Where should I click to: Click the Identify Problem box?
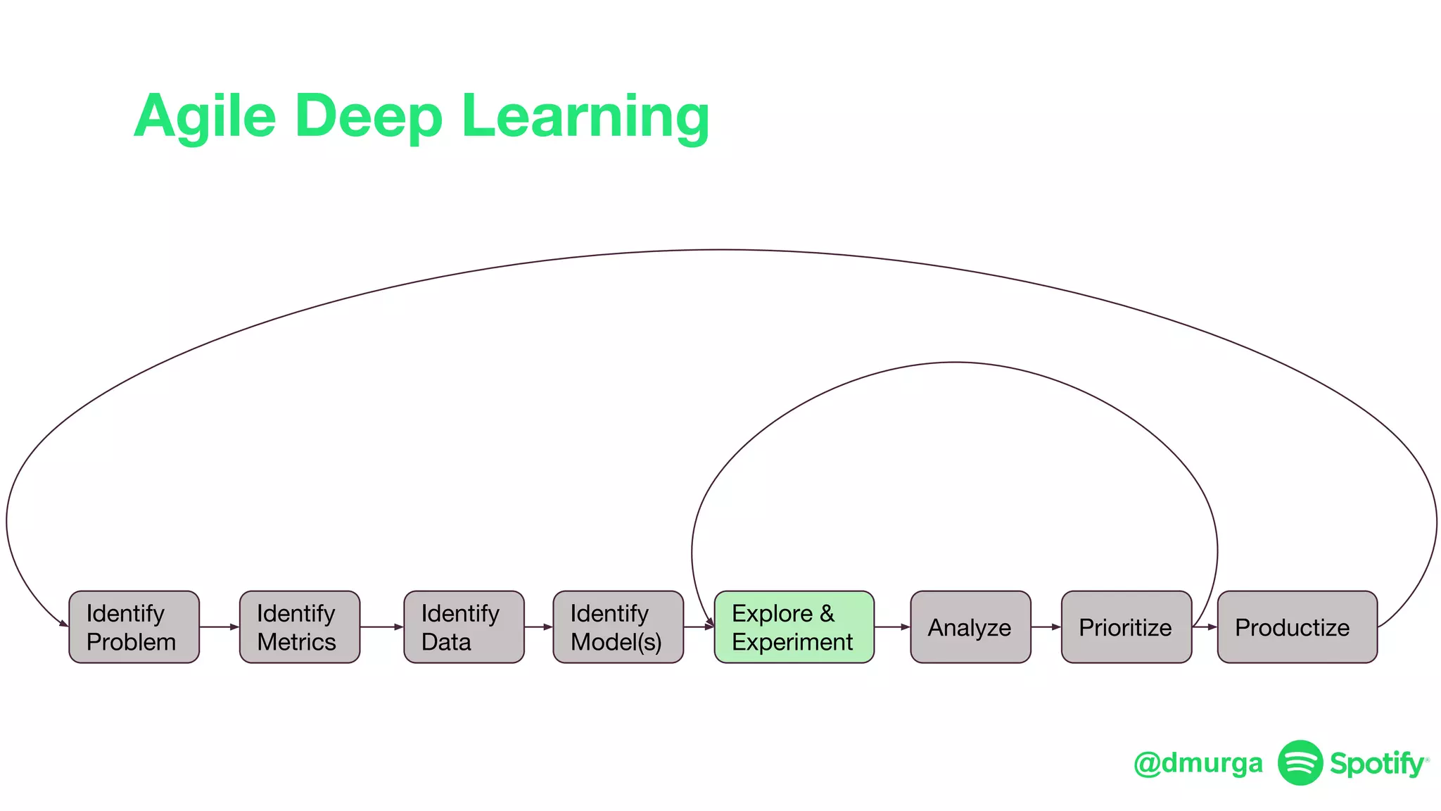(x=134, y=627)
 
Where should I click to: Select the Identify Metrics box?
(x=299, y=627)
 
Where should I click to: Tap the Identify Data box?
(x=464, y=627)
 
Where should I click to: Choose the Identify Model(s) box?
(x=618, y=627)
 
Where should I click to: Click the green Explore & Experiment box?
(x=794, y=627)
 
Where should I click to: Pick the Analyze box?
(x=970, y=627)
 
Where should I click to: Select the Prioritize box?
(x=1126, y=627)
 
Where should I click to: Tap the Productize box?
(x=1297, y=627)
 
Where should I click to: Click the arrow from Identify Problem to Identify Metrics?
(x=220, y=627)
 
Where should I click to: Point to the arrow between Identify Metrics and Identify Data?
(x=382, y=627)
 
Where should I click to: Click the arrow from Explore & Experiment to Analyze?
(x=892, y=627)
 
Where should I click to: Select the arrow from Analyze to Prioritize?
(x=1046, y=627)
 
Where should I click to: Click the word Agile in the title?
(x=205, y=116)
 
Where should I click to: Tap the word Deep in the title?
(x=369, y=116)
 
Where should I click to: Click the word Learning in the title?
(x=585, y=116)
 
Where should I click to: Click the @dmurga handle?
(x=1198, y=763)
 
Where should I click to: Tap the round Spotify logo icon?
(x=1300, y=762)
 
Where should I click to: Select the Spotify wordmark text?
(x=1377, y=764)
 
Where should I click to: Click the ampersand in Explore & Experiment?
(x=827, y=613)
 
